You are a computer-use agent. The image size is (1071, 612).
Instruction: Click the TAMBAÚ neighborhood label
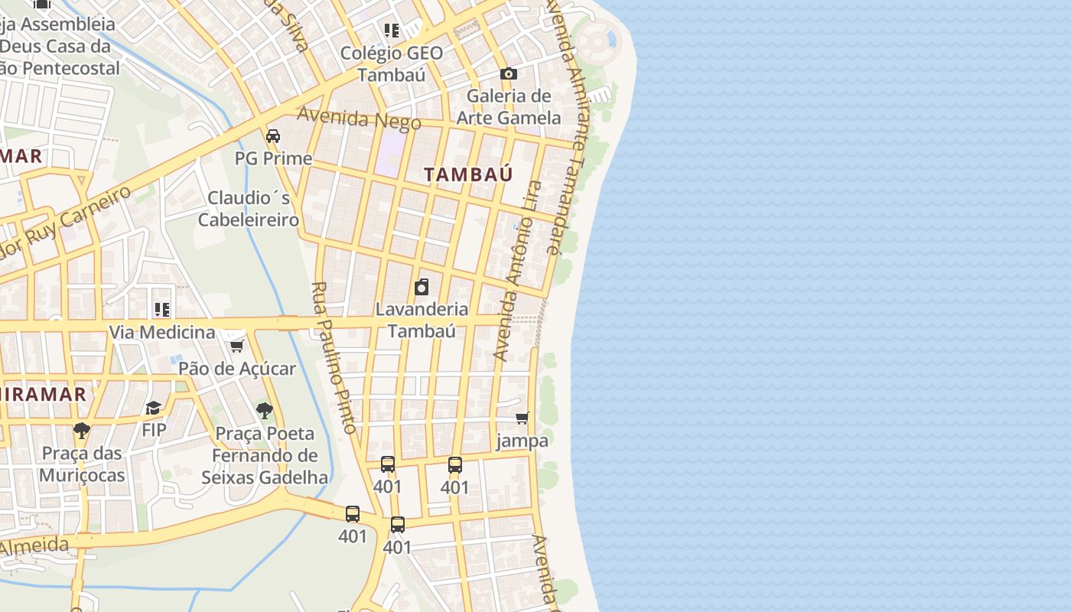pyautogui.click(x=468, y=174)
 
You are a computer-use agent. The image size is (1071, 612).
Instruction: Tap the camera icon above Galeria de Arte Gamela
pyautogui.click(x=509, y=74)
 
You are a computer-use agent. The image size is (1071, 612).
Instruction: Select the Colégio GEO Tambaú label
pyautogui.click(x=392, y=63)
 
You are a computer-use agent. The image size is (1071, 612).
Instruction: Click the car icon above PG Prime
pyautogui.click(x=272, y=136)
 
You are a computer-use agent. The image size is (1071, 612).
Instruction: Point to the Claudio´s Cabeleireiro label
pyautogui.click(x=249, y=209)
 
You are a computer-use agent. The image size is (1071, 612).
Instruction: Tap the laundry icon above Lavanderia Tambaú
pyautogui.click(x=421, y=287)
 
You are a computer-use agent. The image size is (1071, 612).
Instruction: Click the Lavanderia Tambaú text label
pyautogui.click(x=422, y=320)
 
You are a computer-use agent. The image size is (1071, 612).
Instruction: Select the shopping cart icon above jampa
pyautogui.click(x=522, y=418)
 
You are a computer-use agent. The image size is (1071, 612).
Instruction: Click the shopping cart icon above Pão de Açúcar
pyautogui.click(x=236, y=346)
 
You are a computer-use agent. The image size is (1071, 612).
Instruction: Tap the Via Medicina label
pyautogui.click(x=162, y=332)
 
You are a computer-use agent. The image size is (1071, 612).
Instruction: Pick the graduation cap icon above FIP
pyautogui.click(x=154, y=408)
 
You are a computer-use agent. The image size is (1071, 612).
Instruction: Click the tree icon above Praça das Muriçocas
pyautogui.click(x=82, y=431)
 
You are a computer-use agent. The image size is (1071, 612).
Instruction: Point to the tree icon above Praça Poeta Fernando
pyautogui.click(x=264, y=411)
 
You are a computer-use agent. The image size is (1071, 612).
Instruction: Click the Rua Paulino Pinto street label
pyautogui.click(x=334, y=358)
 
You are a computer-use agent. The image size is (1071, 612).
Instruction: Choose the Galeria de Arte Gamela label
pyautogui.click(x=509, y=107)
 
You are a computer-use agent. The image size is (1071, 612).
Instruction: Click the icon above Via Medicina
pyautogui.click(x=162, y=310)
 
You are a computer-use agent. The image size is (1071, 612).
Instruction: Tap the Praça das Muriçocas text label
pyautogui.click(x=82, y=464)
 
